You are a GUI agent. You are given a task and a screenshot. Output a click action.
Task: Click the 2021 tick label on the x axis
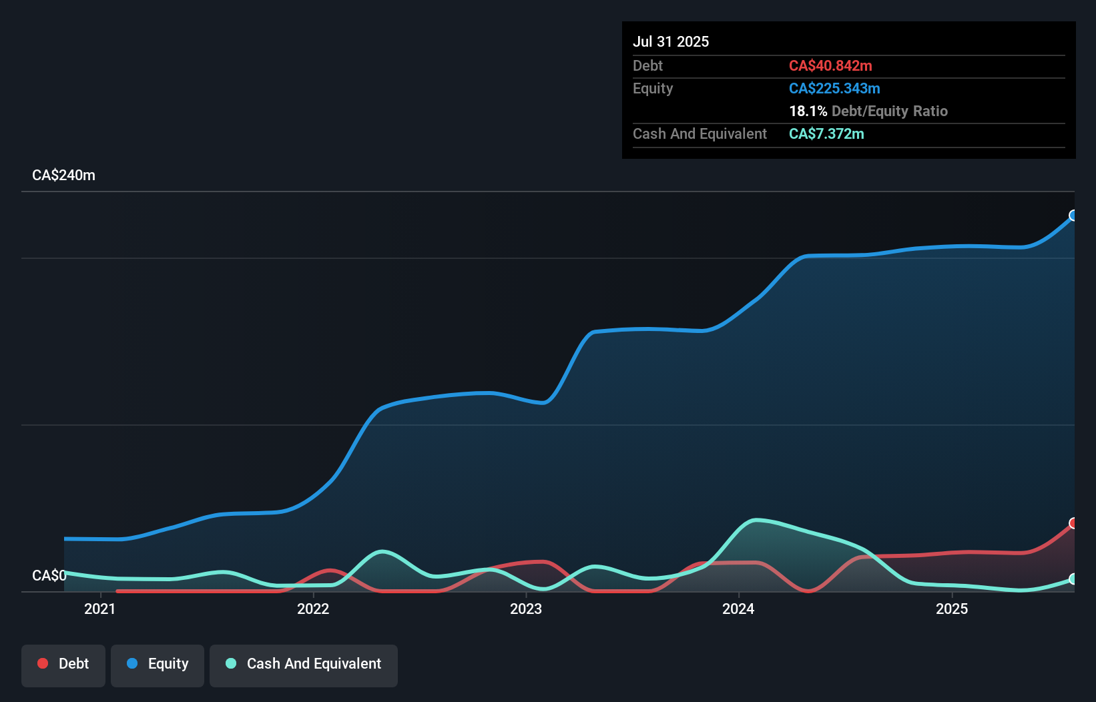pos(100,609)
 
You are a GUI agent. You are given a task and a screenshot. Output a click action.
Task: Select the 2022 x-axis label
pos(313,609)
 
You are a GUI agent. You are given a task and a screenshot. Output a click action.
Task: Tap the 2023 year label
pos(526,609)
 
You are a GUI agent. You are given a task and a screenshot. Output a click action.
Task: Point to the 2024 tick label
pos(738,609)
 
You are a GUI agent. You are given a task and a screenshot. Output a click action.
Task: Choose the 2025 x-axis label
pos(952,609)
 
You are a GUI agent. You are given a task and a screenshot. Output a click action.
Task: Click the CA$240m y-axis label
pos(63,175)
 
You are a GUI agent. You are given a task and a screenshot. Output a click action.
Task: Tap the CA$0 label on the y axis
pos(49,575)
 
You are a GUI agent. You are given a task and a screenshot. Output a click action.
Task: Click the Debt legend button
pos(63,664)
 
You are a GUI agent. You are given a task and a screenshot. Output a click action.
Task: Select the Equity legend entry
pos(158,664)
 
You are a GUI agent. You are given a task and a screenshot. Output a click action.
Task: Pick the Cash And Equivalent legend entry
pos(304,664)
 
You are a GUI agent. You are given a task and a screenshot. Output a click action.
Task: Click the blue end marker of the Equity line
pos(1073,216)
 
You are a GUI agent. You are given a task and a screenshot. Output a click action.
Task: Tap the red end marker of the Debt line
pos(1073,523)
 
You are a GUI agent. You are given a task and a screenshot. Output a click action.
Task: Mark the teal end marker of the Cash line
pos(1073,579)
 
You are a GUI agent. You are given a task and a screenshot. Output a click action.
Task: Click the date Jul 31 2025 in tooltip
pos(671,41)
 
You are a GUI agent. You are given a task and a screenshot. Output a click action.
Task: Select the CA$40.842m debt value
pos(830,65)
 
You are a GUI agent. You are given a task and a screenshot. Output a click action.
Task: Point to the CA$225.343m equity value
pos(834,88)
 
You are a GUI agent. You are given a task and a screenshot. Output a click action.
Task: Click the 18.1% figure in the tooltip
pos(808,111)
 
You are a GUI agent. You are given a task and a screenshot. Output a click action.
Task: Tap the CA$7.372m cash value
pos(826,133)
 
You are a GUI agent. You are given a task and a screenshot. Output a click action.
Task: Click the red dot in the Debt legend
pos(43,663)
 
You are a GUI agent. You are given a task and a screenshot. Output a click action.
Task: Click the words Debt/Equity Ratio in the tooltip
pos(890,111)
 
